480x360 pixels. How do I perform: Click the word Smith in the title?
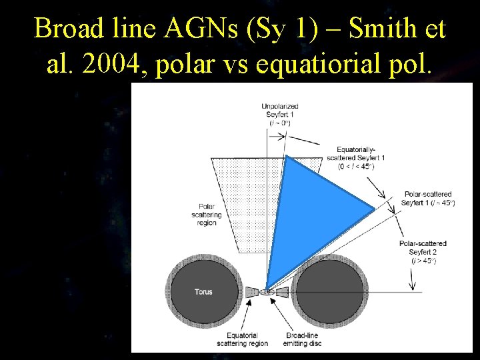(x=380, y=29)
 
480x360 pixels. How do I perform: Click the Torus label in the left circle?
(x=203, y=292)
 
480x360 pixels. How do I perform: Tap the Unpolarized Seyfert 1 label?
(x=279, y=115)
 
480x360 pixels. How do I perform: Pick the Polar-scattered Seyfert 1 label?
(x=429, y=198)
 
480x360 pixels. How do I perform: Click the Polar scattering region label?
(x=207, y=214)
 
